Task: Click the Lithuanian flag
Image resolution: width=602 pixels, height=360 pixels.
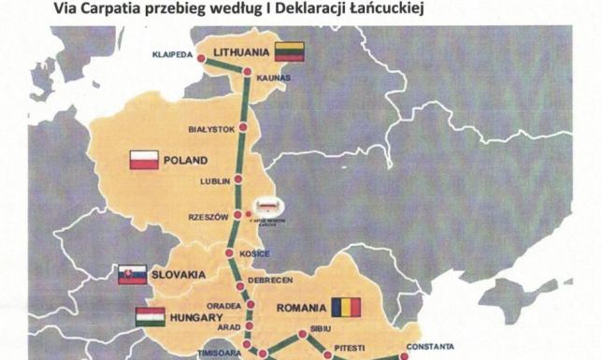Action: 289,50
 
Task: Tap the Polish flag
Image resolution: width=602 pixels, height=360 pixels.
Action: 144,160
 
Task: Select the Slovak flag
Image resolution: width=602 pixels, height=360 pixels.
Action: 132,274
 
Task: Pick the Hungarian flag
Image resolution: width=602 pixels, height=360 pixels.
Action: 150,316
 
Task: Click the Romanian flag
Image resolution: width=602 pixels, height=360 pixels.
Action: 343,307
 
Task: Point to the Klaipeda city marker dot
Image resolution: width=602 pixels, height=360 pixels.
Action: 200,60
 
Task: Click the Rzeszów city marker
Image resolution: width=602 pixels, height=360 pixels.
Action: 238,216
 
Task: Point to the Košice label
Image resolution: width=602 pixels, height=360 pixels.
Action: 255,254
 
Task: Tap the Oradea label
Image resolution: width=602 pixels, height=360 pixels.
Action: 224,304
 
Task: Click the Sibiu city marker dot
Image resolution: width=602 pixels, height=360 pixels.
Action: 301,334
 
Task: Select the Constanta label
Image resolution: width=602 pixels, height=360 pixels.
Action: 430,345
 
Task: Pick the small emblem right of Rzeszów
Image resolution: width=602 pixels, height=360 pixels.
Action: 268,208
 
